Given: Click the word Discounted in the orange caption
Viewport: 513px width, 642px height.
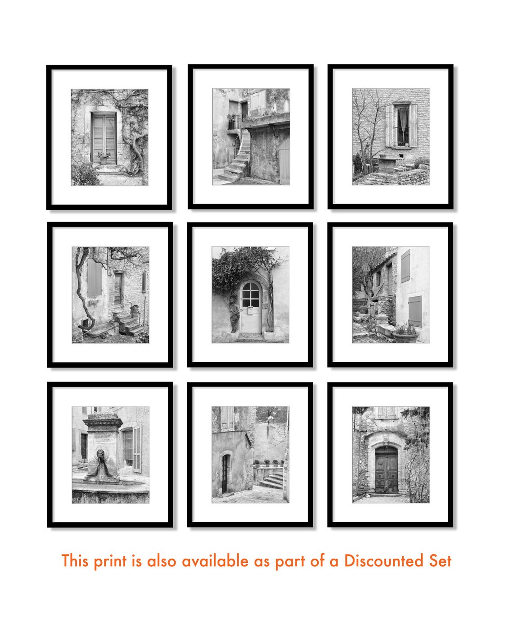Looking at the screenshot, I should coord(383,561).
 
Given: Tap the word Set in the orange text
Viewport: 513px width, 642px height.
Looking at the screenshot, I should coord(440,561).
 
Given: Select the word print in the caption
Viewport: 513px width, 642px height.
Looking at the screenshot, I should coord(110,562).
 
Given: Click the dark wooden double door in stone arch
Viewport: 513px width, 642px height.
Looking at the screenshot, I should coord(387,470).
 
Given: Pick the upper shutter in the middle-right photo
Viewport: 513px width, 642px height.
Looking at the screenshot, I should coord(405,266).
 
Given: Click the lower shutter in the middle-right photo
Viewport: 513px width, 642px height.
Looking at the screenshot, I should coord(415,311).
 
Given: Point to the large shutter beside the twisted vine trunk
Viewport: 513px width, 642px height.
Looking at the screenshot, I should coord(94,278).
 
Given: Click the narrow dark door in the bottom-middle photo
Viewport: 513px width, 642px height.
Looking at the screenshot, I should coord(224,474).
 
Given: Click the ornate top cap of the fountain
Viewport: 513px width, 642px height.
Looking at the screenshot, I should coord(103,419).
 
